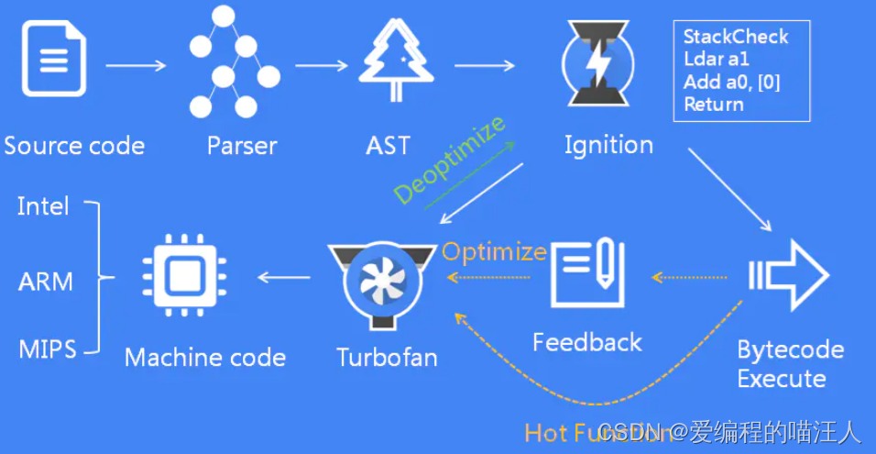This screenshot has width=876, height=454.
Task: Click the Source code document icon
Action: [54, 61]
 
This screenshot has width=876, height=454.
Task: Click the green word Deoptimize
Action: [450, 160]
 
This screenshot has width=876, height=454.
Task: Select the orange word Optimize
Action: [494, 251]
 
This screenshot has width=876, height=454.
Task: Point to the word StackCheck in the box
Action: [736, 37]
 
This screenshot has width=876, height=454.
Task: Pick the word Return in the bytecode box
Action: [714, 105]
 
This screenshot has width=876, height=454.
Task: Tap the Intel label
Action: [43, 206]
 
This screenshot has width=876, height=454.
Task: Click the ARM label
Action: [45, 282]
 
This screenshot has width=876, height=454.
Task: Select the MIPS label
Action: [47, 349]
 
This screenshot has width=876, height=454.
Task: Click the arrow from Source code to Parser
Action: [136, 65]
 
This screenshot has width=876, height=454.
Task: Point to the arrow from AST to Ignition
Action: [485, 65]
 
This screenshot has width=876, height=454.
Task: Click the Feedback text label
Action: [587, 342]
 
